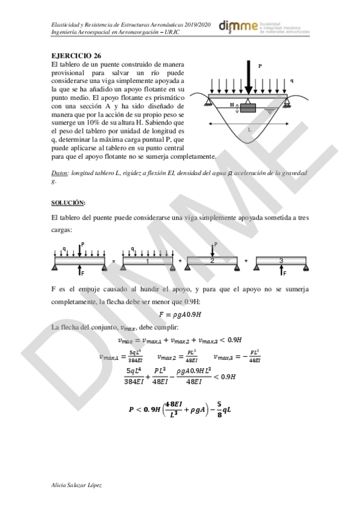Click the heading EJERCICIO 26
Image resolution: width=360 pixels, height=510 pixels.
tap(76, 55)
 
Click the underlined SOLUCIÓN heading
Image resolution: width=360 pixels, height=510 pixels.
tap(69, 201)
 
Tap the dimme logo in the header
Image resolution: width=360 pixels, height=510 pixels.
tap(239, 26)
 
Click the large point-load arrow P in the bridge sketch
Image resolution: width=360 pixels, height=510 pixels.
tap(247, 75)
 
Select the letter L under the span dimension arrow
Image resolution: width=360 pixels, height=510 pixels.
tap(249, 129)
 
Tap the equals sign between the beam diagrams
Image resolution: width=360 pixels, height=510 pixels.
tap(112, 262)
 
